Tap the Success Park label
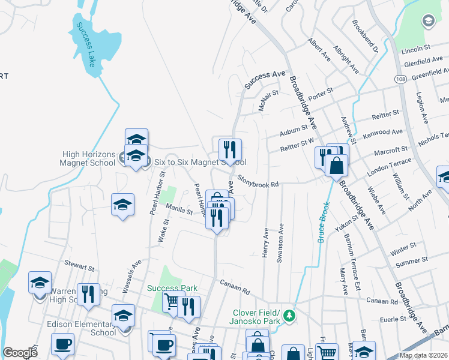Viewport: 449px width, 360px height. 172,288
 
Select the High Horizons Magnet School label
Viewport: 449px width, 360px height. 88,158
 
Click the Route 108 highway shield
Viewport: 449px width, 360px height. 402,79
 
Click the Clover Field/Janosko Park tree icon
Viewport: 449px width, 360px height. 289,315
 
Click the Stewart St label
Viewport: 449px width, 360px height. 80,266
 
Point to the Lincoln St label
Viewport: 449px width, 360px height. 418,47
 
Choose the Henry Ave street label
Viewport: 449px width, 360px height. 265,243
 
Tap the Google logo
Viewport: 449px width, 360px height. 20,353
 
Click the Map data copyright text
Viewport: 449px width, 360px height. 424,355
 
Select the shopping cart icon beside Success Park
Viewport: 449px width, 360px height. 173,302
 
